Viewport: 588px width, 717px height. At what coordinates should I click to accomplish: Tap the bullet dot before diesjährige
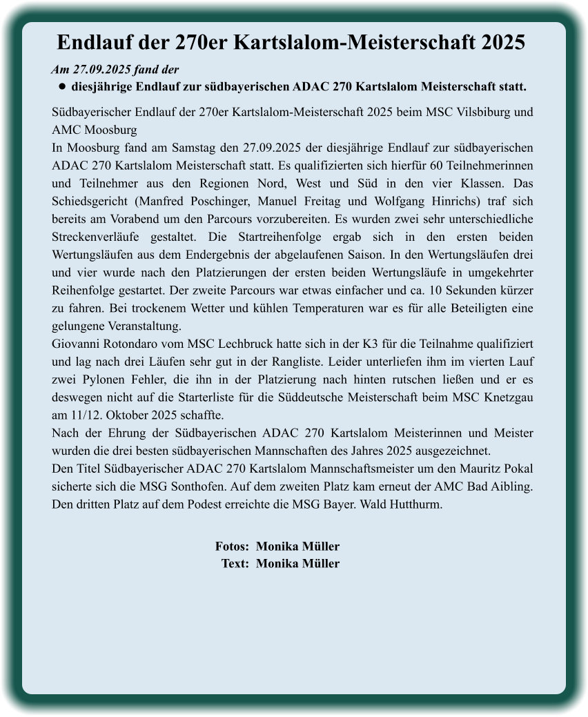tap(61, 88)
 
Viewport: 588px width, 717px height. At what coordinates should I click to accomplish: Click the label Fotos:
tap(232, 547)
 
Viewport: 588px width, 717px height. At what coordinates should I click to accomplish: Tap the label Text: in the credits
tap(235, 564)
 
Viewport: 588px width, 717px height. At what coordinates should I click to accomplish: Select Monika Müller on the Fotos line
tap(297, 547)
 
